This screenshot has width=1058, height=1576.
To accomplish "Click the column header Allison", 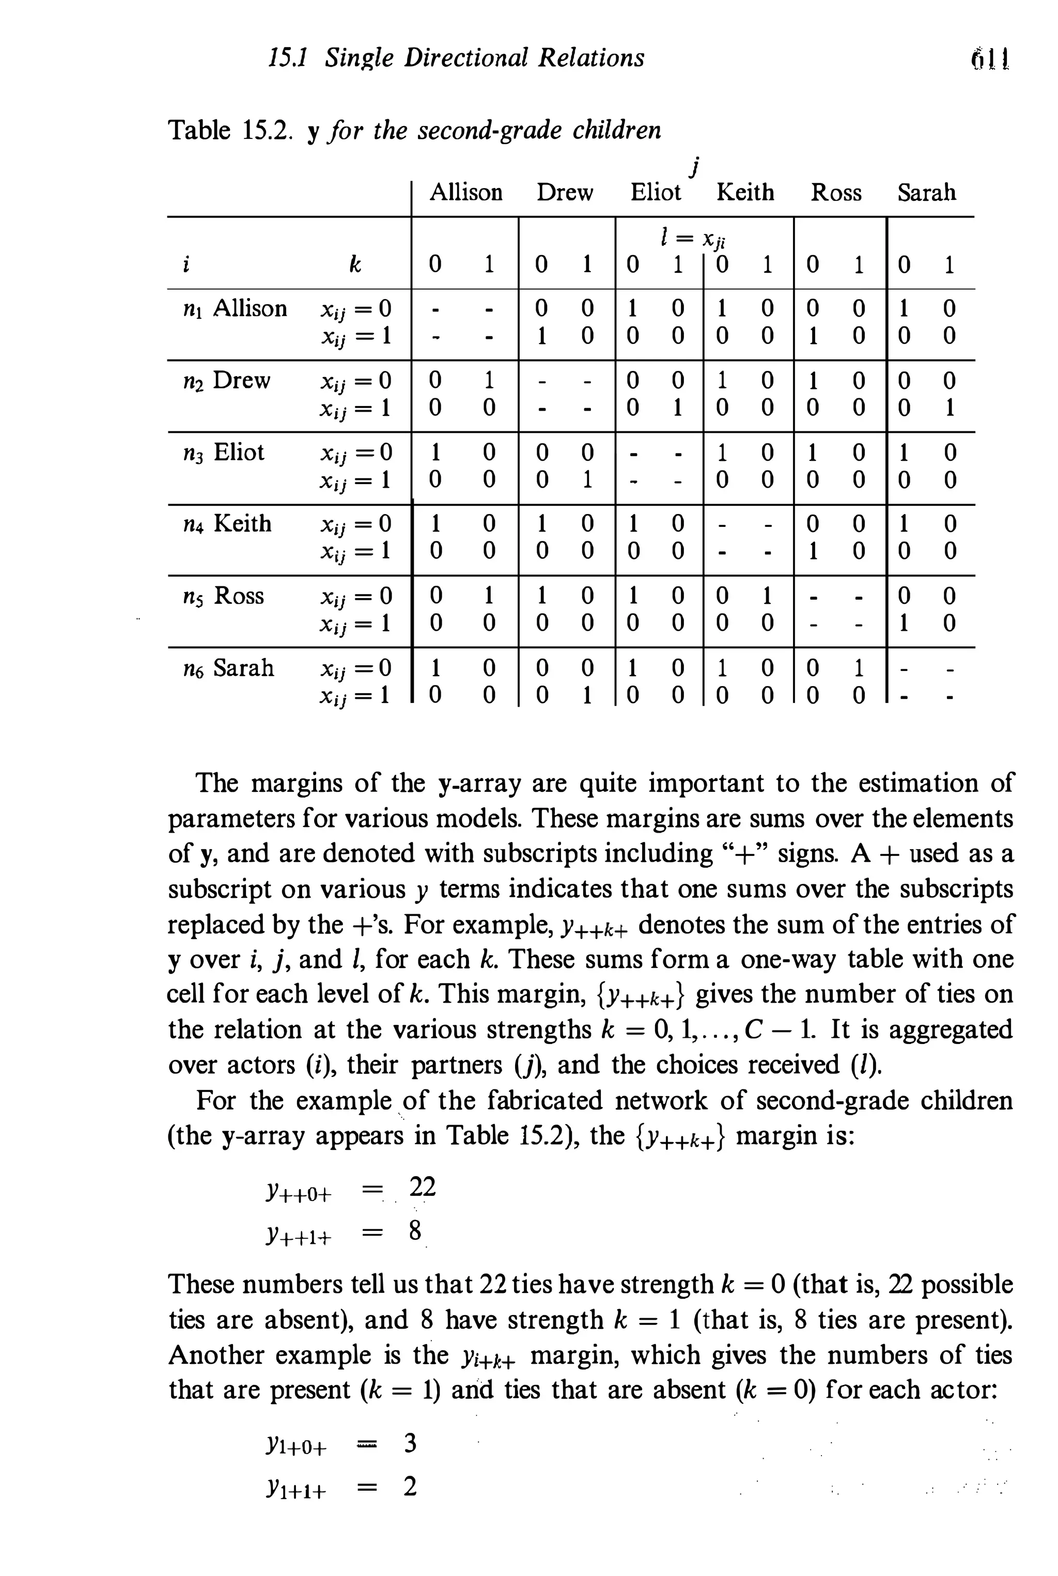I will pyautogui.click(x=465, y=193).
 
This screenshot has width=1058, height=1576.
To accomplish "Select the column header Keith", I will pyautogui.click(x=745, y=193).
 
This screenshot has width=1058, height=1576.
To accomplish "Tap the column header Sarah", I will pyautogui.click(x=926, y=193).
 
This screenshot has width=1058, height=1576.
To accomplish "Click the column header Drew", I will pyautogui.click(x=564, y=193).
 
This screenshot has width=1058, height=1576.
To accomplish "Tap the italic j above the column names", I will pyautogui.click(x=696, y=164).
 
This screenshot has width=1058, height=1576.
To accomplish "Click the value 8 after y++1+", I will pyautogui.click(x=415, y=1231).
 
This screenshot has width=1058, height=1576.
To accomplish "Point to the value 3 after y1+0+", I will pyautogui.click(x=410, y=1444).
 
